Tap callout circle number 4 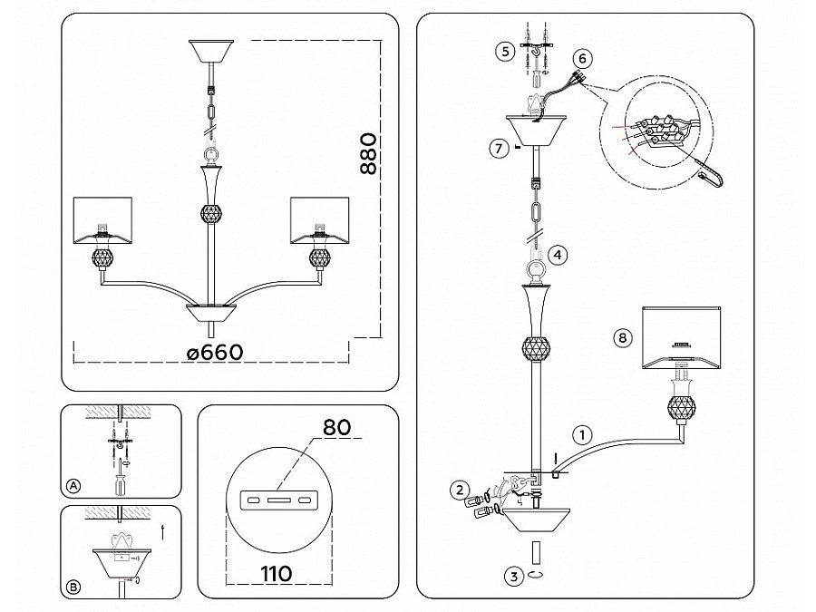[x=559, y=256]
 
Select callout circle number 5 [x=506, y=51]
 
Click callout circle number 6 [x=583, y=59]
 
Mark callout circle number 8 [x=621, y=338]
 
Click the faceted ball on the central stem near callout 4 [x=535, y=347]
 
